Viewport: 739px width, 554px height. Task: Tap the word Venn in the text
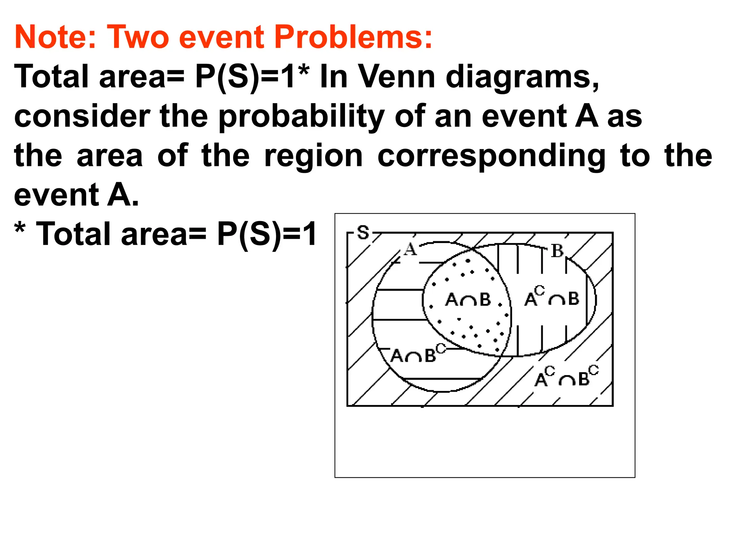point(397,77)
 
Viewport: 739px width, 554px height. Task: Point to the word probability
point(301,116)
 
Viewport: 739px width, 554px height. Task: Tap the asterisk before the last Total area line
point(20,229)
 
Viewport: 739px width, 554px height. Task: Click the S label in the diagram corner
point(363,233)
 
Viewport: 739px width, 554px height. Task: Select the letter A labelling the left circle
point(410,249)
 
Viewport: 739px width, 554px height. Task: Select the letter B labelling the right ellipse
point(557,251)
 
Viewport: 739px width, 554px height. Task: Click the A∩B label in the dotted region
point(468,299)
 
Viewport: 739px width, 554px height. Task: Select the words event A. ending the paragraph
point(76,195)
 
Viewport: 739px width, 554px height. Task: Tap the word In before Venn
point(333,77)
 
